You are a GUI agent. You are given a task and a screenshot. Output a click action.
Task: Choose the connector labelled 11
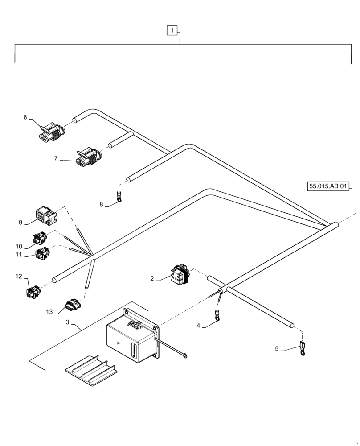click(43, 253)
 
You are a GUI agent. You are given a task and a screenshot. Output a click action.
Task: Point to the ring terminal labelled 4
click(217, 316)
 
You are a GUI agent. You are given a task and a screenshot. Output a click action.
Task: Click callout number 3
click(67, 322)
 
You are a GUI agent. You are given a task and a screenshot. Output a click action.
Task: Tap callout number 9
click(20, 222)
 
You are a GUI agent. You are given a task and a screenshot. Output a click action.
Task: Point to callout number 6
click(25, 117)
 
